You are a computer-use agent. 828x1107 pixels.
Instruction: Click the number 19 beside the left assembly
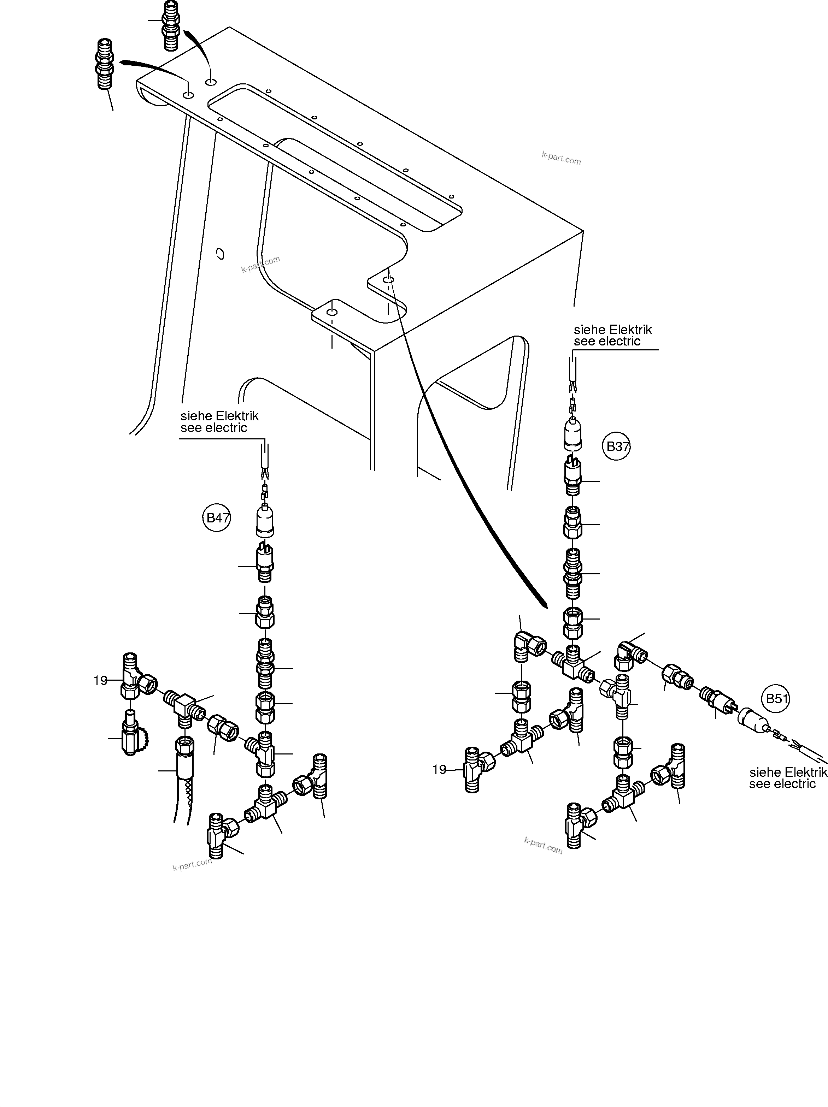coord(101,681)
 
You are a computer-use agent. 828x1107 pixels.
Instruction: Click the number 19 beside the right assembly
coord(439,770)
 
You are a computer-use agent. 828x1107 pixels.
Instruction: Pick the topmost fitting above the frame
coord(171,25)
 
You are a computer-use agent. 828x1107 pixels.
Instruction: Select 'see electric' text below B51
coord(782,784)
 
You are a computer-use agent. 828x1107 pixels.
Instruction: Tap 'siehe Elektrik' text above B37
coord(613,330)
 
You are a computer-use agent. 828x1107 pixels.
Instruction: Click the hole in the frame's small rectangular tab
coord(332,312)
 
